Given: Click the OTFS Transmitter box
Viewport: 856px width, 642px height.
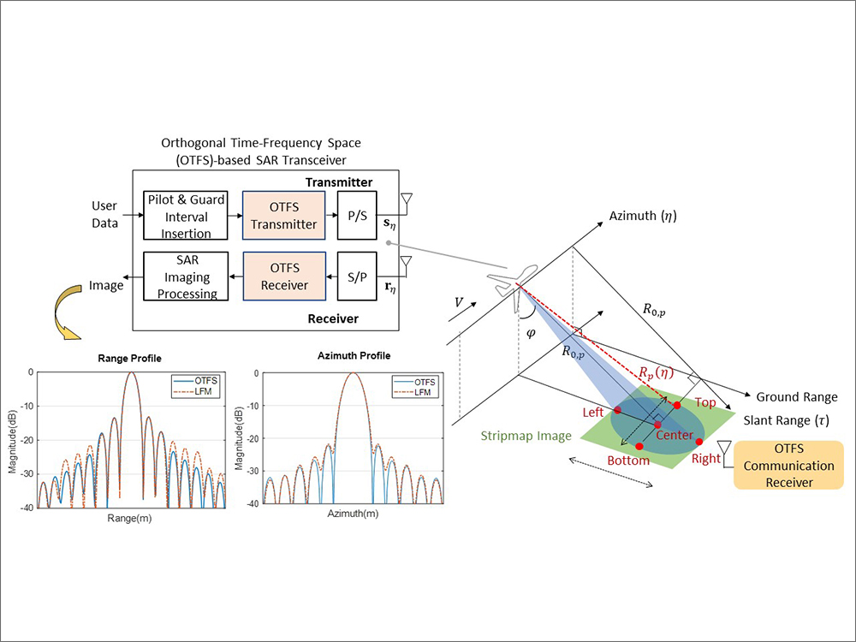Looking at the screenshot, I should click(x=284, y=216).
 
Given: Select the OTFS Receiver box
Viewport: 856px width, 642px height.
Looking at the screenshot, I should click(x=284, y=276).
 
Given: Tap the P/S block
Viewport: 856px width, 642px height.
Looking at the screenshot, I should click(x=357, y=216).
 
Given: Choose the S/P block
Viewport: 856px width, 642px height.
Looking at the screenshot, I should click(x=357, y=276).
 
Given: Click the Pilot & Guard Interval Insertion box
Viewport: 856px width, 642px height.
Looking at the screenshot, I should click(x=185, y=216).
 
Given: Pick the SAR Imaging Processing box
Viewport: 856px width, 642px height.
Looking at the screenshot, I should click(x=185, y=276).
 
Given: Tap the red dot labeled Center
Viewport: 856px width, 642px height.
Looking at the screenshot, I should click(x=657, y=425).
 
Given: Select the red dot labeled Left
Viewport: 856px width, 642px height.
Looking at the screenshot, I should click(x=618, y=411).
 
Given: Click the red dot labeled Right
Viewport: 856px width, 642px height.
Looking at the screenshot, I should click(x=699, y=442).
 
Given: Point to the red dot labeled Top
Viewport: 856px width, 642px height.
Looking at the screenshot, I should click(x=676, y=405).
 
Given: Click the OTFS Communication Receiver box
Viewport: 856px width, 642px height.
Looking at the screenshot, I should click(x=788, y=466).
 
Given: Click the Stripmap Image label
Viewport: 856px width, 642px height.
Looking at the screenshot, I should click(x=526, y=436).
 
